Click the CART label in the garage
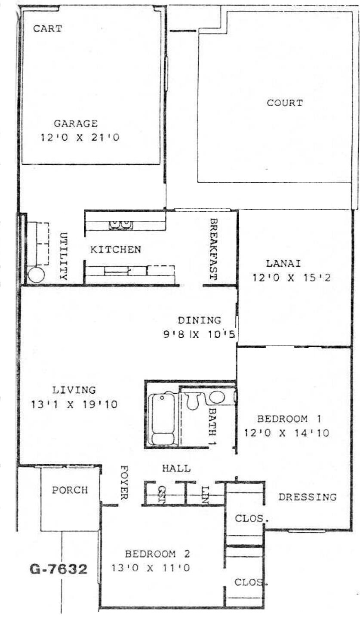point(47,28)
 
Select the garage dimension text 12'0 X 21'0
point(80,137)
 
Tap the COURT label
point(285,103)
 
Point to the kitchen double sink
point(121,225)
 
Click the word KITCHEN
point(115,250)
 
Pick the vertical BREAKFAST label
point(213,249)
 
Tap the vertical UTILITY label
point(64,256)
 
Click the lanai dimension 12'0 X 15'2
point(291,278)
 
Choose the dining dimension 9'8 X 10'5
point(199,334)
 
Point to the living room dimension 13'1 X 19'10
point(74,404)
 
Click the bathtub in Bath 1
point(162,419)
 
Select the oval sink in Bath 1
point(217,397)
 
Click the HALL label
point(176,469)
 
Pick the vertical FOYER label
point(124,483)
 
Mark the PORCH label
point(70,490)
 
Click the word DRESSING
point(308,497)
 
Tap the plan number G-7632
point(58,569)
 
